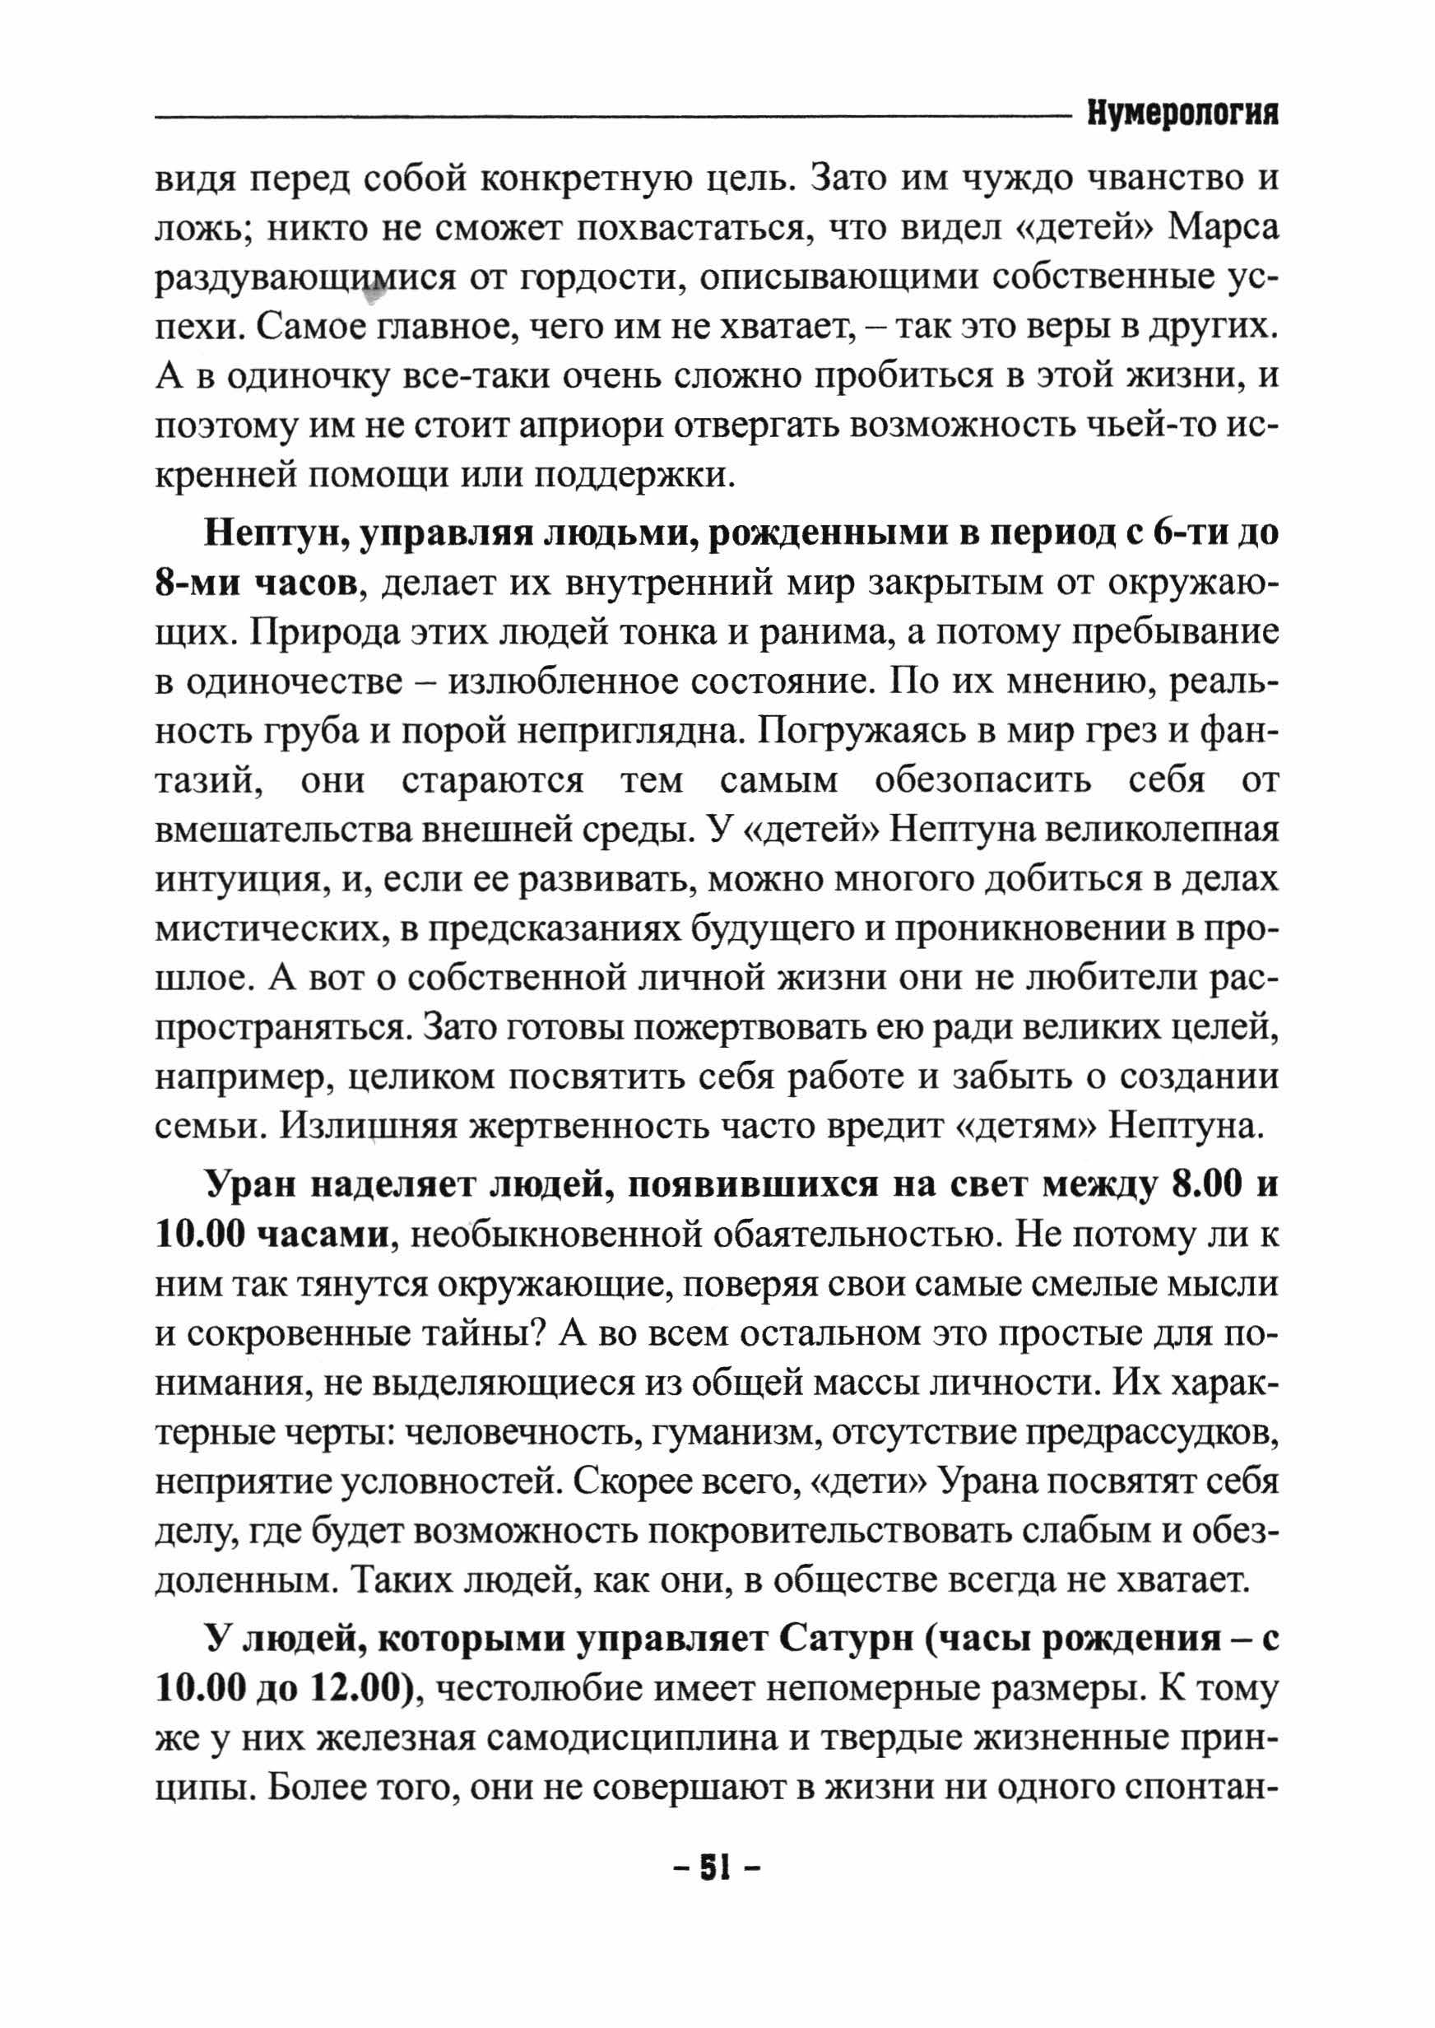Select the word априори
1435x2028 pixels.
click(594, 427)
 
